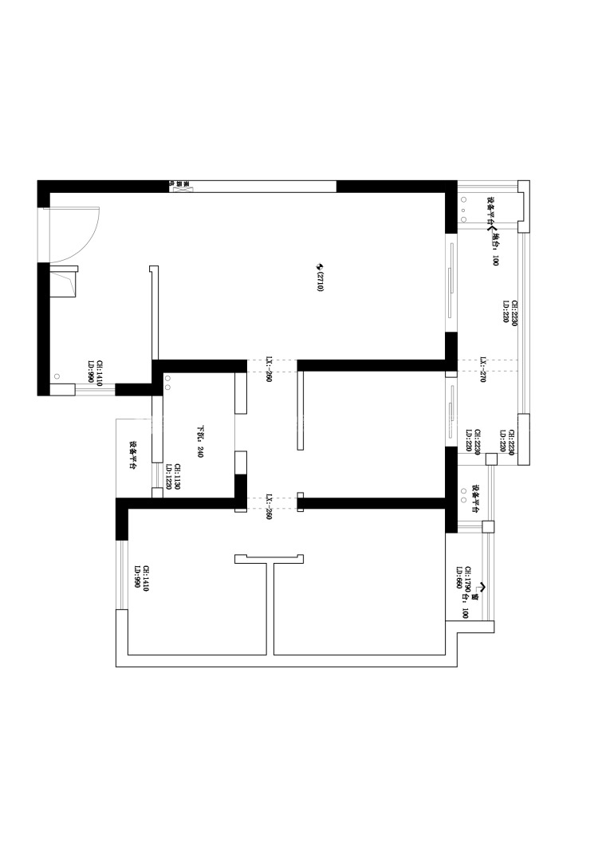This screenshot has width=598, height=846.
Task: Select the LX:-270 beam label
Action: point(483,371)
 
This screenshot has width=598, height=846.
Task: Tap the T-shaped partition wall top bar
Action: point(269,559)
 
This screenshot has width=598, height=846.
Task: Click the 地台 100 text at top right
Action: point(495,248)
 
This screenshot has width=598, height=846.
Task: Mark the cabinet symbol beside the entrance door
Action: point(64,282)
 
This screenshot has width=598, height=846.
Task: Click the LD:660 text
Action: point(460,577)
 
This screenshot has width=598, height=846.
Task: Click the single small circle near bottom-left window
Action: point(57,376)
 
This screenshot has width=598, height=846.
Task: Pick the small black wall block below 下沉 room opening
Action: point(239,486)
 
